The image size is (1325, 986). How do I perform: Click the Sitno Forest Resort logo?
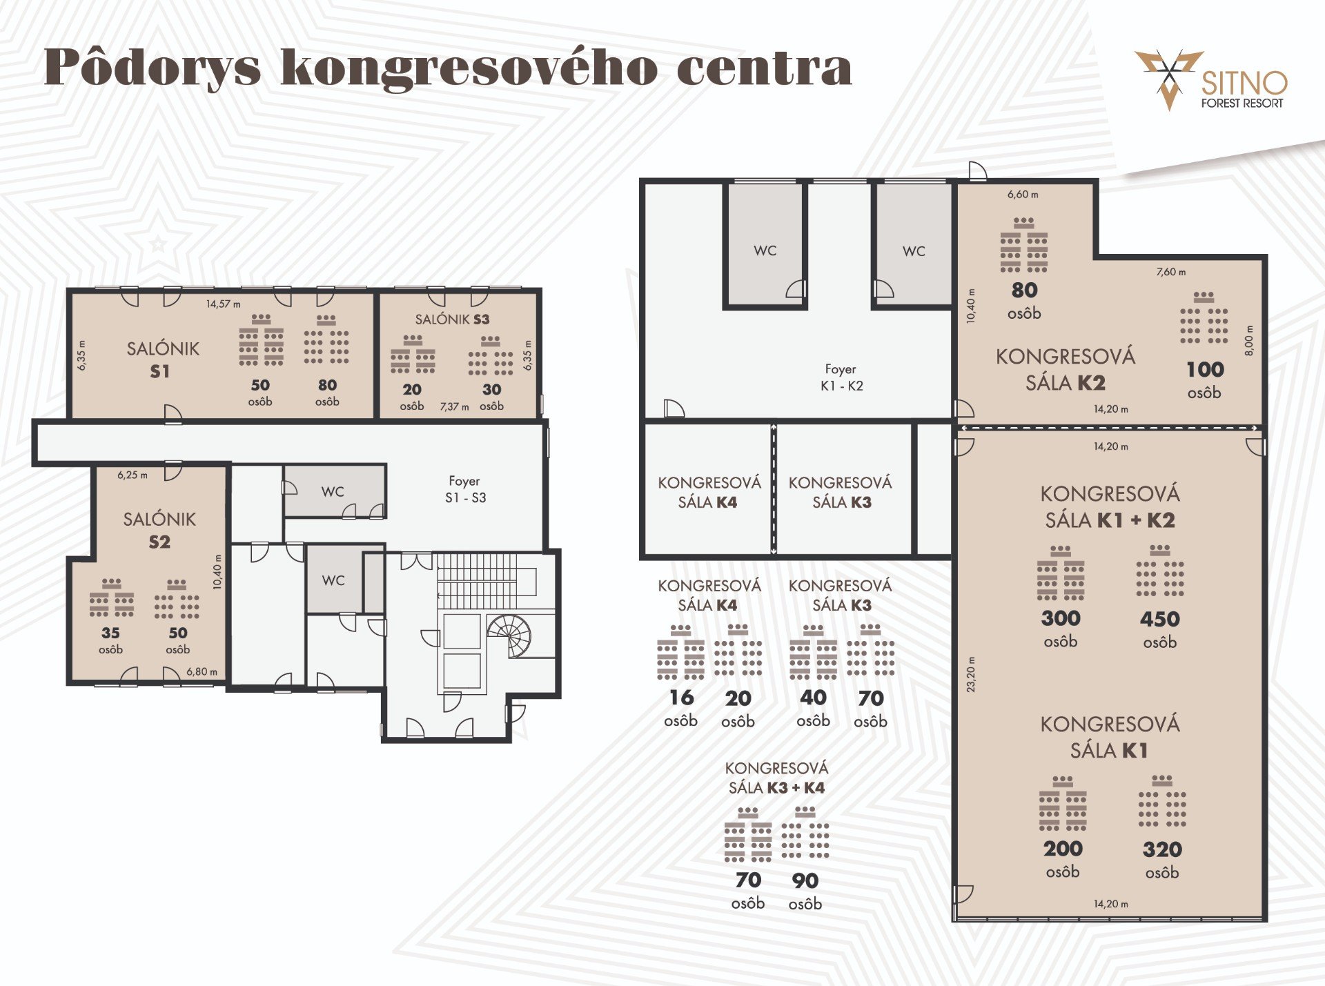(x=1211, y=80)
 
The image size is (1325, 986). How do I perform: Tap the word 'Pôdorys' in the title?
(x=153, y=68)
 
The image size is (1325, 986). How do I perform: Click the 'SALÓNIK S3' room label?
(x=452, y=319)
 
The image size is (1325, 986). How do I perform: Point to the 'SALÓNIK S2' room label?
(x=159, y=530)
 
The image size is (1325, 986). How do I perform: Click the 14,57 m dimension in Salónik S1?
(x=224, y=304)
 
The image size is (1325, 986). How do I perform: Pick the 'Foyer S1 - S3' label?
(x=465, y=489)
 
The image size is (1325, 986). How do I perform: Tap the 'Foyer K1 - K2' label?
(x=841, y=377)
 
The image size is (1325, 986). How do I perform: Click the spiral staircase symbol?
(x=510, y=635)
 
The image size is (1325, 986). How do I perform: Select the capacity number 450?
(x=1160, y=619)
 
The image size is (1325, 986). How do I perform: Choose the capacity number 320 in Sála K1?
(x=1162, y=849)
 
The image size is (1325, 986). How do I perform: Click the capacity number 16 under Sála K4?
(x=681, y=698)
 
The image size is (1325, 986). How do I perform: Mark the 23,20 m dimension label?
(x=971, y=674)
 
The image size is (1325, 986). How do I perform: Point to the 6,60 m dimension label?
(x=1023, y=195)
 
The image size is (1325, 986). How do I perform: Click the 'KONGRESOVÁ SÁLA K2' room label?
(x=1066, y=369)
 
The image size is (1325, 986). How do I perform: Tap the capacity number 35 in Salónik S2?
(x=110, y=633)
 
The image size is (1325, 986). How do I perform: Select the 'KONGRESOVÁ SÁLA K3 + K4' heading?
(x=776, y=778)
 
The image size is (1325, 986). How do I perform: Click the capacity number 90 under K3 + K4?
(x=805, y=880)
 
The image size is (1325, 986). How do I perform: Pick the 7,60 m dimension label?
(x=1171, y=272)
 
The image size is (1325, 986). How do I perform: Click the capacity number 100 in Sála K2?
(x=1205, y=369)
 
